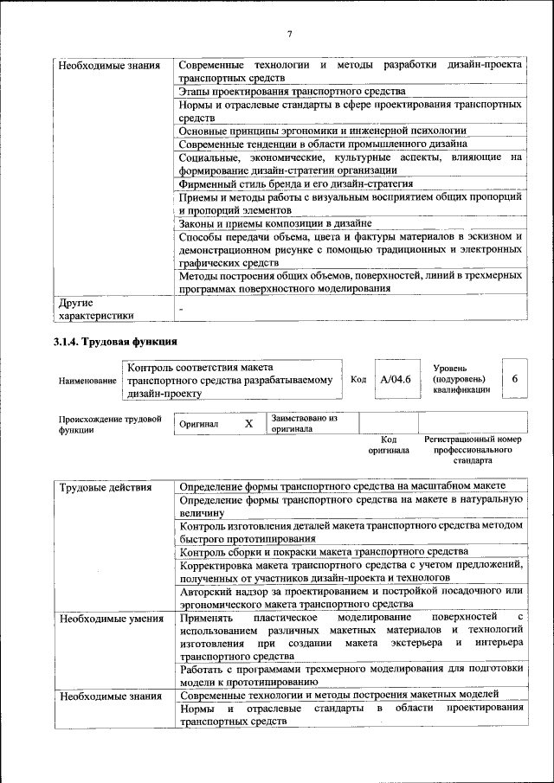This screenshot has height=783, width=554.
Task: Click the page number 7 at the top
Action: click(x=290, y=34)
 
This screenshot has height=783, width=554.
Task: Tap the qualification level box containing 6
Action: click(x=514, y=379)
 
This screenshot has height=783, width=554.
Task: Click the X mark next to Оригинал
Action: click(x=248, y=424)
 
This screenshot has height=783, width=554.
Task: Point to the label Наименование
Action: click(x=87, y=380)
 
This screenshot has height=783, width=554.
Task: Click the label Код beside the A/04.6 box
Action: click(x=358, y=379)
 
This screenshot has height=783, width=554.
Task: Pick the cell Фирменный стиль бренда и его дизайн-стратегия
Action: click(x=295, y=183)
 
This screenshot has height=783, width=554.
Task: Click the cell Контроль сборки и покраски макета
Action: click(x=324, y=551)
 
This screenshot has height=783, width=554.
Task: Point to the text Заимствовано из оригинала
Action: click(x=303, y=423)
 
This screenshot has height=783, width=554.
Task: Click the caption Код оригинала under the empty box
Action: click(x=388, y=445)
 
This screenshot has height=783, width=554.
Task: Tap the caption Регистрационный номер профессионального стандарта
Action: click(x=473, y=450)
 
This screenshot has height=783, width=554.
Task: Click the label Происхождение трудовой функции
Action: click(x=110, y=424)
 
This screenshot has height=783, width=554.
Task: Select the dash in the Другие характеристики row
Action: click(x=182, y=309)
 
